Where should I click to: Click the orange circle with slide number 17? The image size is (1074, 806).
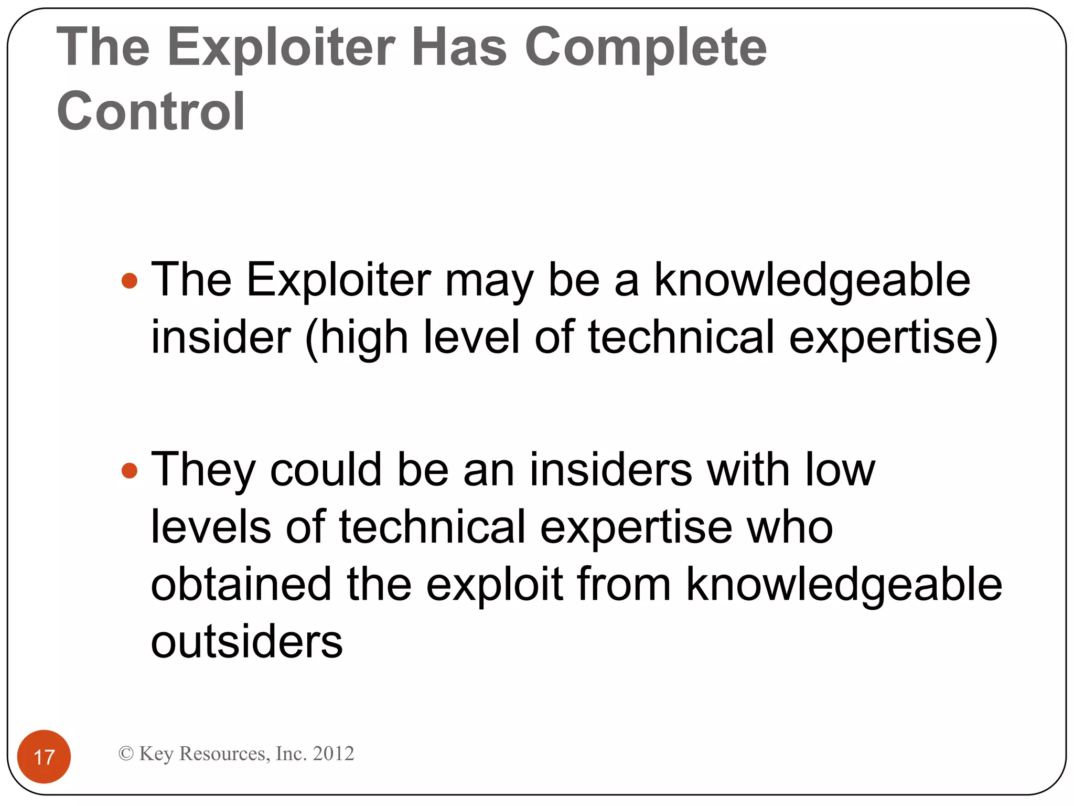(x=44, y=756)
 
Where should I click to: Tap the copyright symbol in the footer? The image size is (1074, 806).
(x=126, y=754)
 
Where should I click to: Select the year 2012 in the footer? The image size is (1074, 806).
(x=333, y=754)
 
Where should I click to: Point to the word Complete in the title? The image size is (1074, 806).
(x=646, y=48)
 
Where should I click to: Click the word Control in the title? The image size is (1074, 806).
(x=151, y=111)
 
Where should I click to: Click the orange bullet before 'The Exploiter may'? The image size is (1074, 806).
(x=129, y=281)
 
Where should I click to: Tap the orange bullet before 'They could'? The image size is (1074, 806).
(x=129, y=470)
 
